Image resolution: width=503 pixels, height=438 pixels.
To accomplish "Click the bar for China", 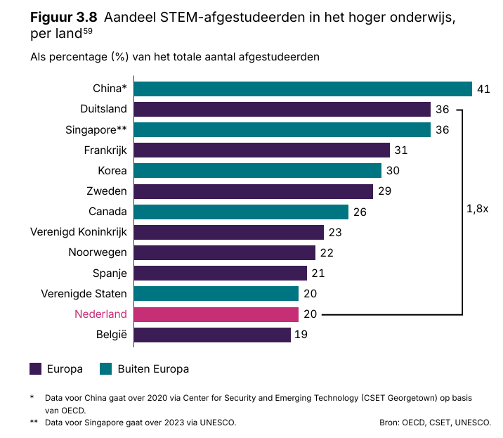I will coord(302,89).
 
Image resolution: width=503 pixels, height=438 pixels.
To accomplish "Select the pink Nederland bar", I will coord(216,314).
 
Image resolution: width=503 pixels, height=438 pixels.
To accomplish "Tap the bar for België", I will coord(211,335).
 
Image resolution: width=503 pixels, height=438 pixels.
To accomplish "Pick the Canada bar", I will coord(241,212).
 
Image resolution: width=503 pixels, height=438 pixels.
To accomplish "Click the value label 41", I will coord(483,89).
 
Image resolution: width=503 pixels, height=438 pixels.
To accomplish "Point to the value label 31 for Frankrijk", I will coord(401,150).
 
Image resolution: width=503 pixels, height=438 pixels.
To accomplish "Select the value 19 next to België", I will coord(301,335).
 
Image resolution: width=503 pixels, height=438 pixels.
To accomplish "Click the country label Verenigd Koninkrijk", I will coord(79,232).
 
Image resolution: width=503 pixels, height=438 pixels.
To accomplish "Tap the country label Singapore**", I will coord(96,130).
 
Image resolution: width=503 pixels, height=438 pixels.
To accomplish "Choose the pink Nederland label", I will coord(100,314).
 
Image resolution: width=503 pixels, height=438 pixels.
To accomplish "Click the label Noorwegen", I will coord(98,252).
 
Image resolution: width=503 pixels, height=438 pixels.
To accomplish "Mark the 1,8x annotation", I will coord(477,209).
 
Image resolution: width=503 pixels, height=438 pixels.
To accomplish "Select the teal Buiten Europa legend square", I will coord(107,368).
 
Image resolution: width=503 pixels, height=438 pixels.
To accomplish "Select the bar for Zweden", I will coord(253,191).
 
